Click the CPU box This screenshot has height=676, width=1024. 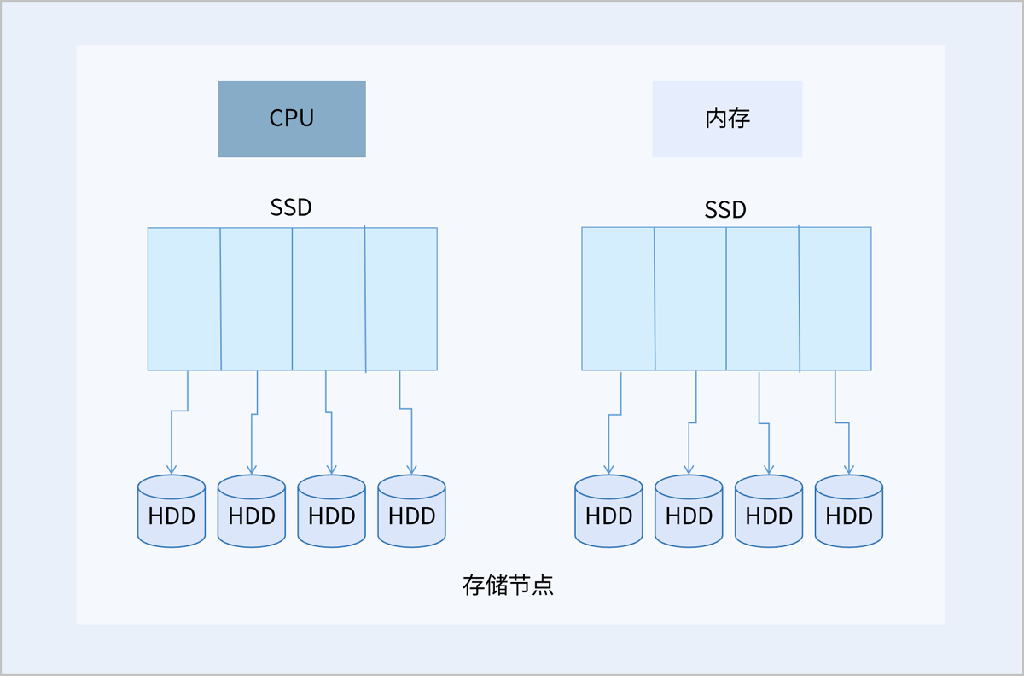pos(292,119)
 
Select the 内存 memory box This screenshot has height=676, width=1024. pos(727,119)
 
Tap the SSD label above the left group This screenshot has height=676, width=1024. pos(291,207)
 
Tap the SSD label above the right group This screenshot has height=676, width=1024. pos(725,209)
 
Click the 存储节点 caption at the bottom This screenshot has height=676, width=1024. pos(508,585)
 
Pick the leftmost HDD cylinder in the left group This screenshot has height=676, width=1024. pos(172,511)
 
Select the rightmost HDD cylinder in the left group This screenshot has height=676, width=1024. pos(411,511)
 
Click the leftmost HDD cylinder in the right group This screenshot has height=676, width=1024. pos(608,511)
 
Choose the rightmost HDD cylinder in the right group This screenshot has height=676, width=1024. pos(849,511)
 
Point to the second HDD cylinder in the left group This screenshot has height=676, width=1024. pos(252,511)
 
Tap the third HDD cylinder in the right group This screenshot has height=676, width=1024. pos(769,511)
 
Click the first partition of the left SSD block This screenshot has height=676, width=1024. pos(184,299)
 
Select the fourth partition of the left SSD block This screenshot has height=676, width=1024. pos(401,299)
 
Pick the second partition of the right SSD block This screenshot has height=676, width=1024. pos(690,299)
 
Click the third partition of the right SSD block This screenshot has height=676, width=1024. pos(763,299)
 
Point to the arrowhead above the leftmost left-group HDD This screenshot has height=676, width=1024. pos(172,469)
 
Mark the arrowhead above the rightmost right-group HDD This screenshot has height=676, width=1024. pos(849,469)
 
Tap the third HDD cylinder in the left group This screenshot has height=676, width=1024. pos(331,511)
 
